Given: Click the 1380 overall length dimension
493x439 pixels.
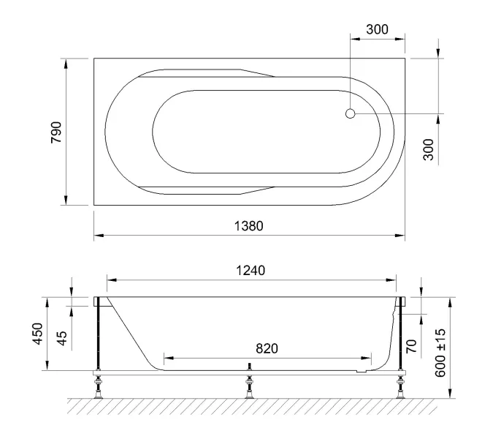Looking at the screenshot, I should (248, 226).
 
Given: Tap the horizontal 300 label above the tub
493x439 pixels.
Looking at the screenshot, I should (376, 30).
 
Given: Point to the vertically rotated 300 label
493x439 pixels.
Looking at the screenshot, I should (429, 149).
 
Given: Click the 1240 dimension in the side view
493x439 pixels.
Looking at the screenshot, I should (251, 269).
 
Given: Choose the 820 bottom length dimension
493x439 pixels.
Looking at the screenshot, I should (267, 349).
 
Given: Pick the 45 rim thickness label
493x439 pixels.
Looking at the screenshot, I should (62, 338).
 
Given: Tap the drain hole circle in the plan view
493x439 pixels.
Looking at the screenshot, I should (350, 113).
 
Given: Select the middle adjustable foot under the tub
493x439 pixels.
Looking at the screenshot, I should (249, 388).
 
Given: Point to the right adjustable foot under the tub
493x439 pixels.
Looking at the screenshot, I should (400, 388).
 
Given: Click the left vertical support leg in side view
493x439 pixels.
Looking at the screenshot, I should (97, 337).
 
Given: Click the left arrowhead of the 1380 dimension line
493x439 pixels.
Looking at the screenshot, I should (98, 236).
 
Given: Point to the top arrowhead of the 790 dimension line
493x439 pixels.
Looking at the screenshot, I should (67, 62).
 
